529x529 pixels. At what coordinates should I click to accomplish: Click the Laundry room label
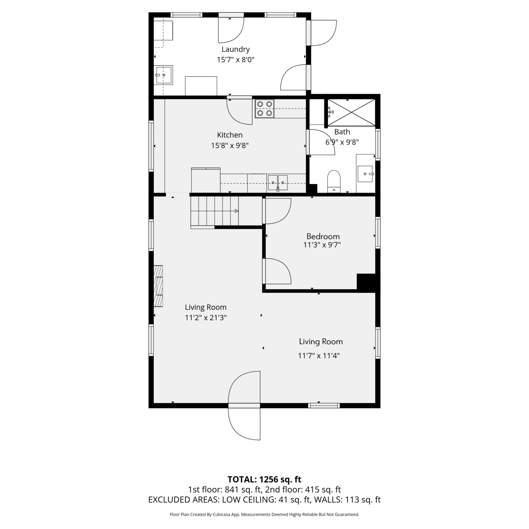pyautogui.click(x=236, y=49)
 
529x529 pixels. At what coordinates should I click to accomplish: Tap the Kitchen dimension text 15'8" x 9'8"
pyautogui.click(x=230, y=145)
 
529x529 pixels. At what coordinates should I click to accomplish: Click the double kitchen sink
pyautogui.click(x=278, y=183)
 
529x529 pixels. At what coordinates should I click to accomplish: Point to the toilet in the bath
pyautogui.click(x=334, y=182)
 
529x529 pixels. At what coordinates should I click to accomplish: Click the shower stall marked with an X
pyautogui.click(x=352, y=113)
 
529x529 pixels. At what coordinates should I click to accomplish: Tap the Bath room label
pyautogui.click(x=342, y=132)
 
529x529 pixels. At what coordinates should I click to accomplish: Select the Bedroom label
pyautogui.click(x=323, y=236)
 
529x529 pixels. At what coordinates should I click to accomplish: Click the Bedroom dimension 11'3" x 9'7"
pyautogui.click(x=322, y=245)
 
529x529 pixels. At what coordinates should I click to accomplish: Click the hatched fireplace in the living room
pyautogui.click(x=159, y=286)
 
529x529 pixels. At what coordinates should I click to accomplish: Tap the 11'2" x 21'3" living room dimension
pyautogui.click(x=206, y=318)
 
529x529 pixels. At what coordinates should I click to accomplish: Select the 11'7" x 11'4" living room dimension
pyautogui.click(x=319, y=356)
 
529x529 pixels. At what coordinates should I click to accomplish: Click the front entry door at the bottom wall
pyautogui.click(x=244, y=406)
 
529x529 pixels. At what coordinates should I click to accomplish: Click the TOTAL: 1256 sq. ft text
pyautogui.click(x=264, y=480)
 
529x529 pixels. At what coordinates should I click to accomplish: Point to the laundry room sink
pyautogui.click(x=163, y=75)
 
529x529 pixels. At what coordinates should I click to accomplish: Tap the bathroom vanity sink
pyautogui.click(x=365, y=174)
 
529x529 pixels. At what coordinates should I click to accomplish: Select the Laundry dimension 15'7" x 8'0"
pyautogui.click(x=236, y=60)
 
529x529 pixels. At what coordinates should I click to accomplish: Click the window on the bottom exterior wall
pyautogui.click(x=324, y=406)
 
